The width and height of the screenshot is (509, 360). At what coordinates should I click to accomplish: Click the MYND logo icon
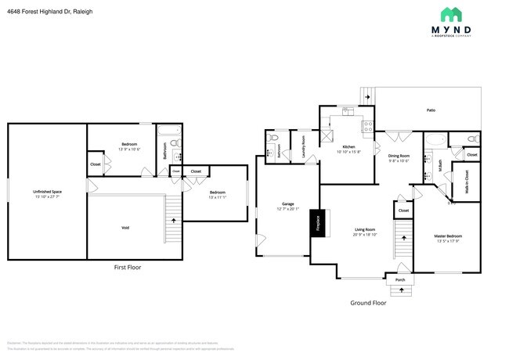[450, 15]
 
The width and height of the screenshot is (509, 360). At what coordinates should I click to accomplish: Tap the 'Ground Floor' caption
[368, 302]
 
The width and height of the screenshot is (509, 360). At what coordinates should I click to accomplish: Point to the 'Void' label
[125, 228]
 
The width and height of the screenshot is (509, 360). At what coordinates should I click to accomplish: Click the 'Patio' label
[431, 110]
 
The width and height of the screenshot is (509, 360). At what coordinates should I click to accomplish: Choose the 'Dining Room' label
[399, 156]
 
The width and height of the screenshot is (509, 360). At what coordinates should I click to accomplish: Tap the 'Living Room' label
[365, 230]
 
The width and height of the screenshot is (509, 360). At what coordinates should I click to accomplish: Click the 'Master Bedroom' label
[448, 236]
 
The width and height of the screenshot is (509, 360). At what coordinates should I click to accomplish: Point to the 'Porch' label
[400, 279]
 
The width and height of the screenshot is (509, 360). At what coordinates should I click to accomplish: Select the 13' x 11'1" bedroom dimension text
[217, 197]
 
